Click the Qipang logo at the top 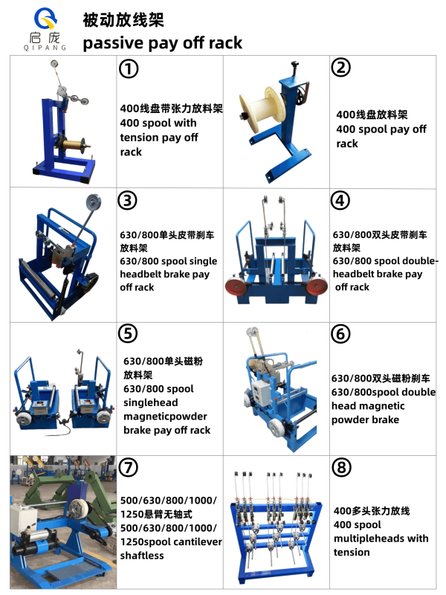click(x=45, y=29)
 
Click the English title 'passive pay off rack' click(x=162, y=43)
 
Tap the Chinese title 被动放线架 click(x=123, y=20)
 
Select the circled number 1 click(x=129, y=69)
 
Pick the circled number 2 click(x=341, y=68)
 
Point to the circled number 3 click(x=127, y=201)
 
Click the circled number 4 click(x=340, y=200)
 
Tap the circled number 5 click(x=128, y=333)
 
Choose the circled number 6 click(x=340, y=334)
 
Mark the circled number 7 click(x=129, y=467)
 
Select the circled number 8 click(x=341, y=467)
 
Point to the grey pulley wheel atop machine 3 click(x=94, y=202)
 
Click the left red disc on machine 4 click(x=235, y=286)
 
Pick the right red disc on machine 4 click(x=317, y=286)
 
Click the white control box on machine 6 click(x=262, y=392)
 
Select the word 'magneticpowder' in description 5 click(x=165, y=416)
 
